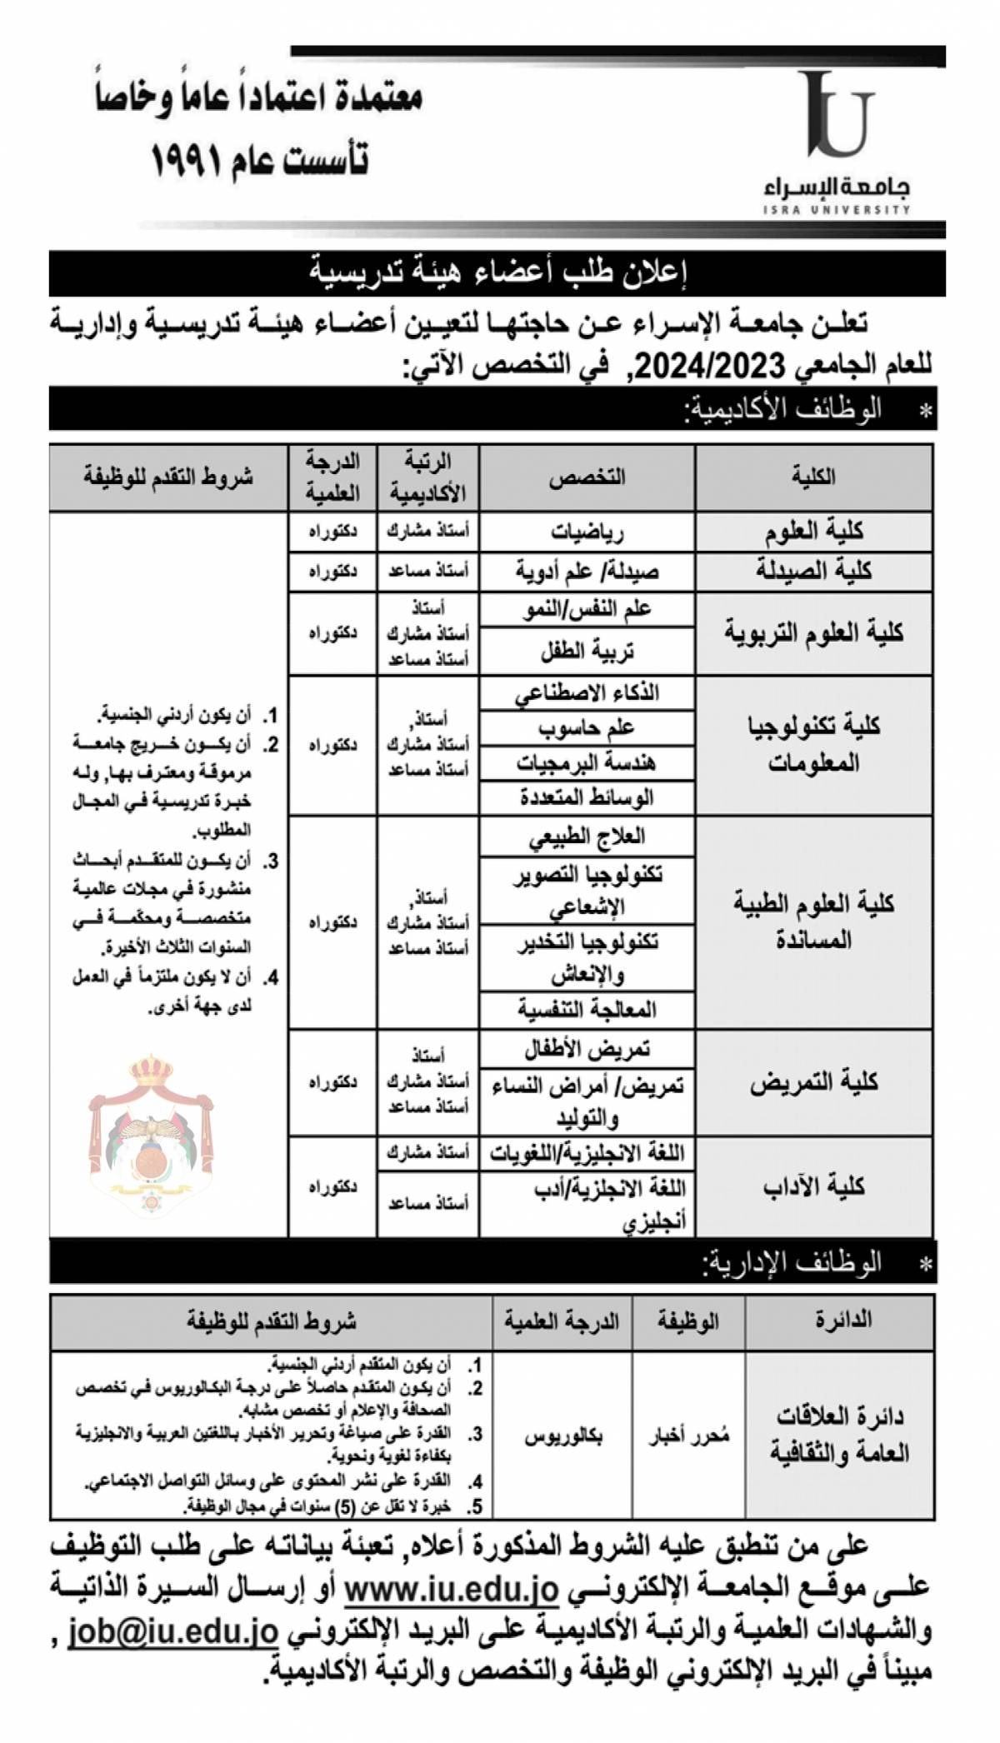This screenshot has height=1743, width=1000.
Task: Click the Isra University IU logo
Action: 837,117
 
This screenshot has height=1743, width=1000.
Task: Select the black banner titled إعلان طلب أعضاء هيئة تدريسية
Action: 497,272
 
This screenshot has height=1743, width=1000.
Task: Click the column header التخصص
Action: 587,477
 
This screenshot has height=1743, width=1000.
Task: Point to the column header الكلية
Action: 814,477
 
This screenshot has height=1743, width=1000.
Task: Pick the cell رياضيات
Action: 587,531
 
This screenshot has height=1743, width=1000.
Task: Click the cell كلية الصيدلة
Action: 814,571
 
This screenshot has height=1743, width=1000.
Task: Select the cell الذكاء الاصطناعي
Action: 587,692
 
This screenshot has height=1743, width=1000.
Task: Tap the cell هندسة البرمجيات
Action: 587,762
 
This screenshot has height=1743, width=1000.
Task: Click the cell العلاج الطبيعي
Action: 587,836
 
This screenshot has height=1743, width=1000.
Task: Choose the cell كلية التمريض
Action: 814,1083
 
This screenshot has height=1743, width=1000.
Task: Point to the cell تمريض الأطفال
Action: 587,1049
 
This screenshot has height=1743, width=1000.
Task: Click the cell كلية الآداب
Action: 814,1186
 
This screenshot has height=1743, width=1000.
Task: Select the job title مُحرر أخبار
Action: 689,1436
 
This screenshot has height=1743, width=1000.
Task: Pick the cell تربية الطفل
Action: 587,652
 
